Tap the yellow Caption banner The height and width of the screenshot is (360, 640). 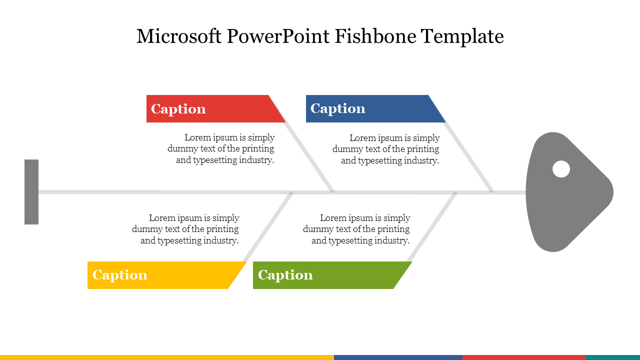pos(163,275)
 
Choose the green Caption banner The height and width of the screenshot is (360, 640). pos(328,275)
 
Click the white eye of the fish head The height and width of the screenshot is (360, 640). pos(561,169)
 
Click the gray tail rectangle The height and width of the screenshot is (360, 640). pos(31,192)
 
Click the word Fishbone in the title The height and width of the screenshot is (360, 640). pos(375,36)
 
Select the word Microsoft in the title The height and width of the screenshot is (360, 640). pos(179,36)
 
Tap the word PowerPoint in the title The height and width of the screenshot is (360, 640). pos(278,36)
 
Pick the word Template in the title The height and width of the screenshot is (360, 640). pos(462,37)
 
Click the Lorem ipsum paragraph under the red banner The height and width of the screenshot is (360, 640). pos(221,149)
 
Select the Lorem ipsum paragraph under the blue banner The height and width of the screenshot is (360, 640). pos(386,149)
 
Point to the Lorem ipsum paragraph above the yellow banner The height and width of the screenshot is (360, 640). pos(185,229)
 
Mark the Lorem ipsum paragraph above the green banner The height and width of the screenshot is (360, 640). pos(356,229)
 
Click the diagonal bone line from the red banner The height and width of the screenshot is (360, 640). pos(309,157)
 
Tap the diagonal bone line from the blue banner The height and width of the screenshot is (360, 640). pos(468,157)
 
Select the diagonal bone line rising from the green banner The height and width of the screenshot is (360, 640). pos(432,226)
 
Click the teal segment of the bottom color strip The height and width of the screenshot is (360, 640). pos(612,357)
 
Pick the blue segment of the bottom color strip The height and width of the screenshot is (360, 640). pos(398,357)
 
